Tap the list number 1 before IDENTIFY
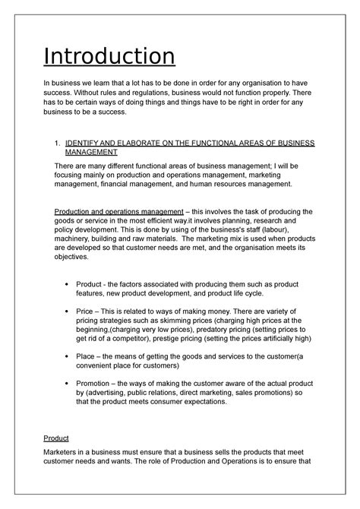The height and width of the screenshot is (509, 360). click(59, 143)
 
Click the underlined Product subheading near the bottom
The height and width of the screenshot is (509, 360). click(69, 439)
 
